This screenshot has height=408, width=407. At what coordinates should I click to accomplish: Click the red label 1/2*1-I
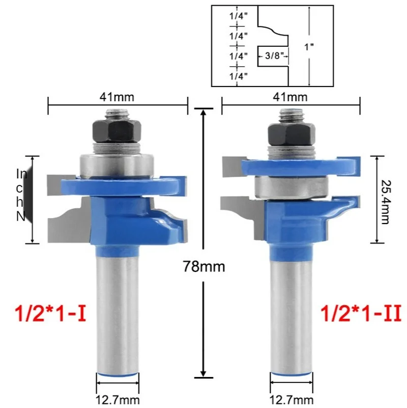click(x=51, y=313)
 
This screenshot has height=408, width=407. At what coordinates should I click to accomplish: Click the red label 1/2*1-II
click(x=361, y=313)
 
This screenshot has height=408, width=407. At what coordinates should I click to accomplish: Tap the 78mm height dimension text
click(x=204, y=266)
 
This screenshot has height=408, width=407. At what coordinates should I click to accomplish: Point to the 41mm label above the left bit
click(x=117, y=97)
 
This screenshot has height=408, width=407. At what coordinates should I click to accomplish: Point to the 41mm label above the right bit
click(x=290, y=97)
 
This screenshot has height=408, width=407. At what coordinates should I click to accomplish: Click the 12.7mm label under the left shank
click(x=118, y=400)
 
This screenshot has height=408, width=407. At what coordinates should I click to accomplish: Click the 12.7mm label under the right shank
click(x=292, y=400)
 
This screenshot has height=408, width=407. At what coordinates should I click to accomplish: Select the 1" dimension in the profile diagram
click(x=309, y=47)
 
